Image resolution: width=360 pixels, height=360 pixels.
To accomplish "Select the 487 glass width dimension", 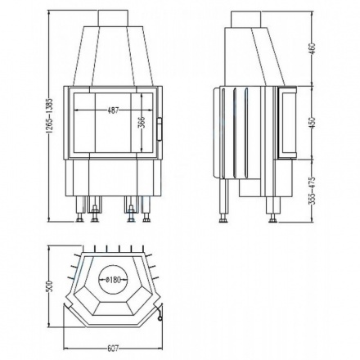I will tap(109, 110).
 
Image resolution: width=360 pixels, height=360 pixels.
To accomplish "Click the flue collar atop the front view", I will tap(111, 19).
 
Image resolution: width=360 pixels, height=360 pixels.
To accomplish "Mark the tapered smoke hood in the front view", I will tap(111, 53).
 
